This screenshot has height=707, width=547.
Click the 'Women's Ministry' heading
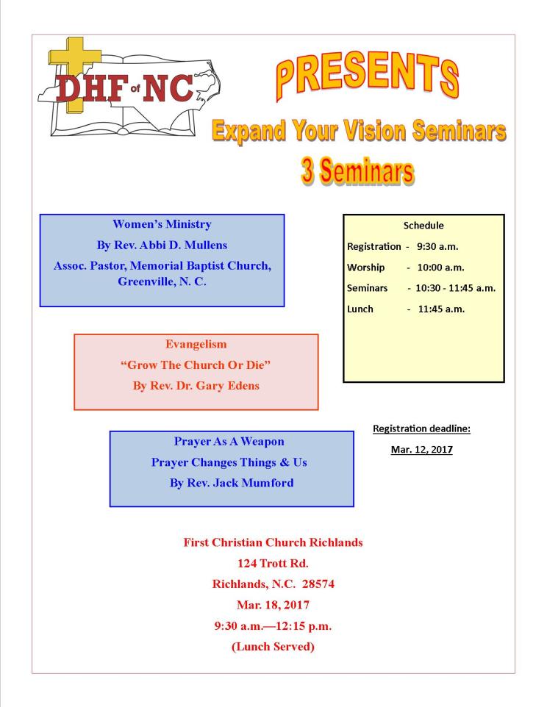point(161,224)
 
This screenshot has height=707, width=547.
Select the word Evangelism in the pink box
point(196,344)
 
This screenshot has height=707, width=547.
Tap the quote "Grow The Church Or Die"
point(196,365)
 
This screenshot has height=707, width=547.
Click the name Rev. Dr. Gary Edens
point(196,386)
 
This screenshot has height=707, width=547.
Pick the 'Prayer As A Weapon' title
point(232,442)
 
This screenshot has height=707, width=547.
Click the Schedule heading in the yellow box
point(423,226)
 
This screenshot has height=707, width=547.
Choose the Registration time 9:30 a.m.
point(442,247)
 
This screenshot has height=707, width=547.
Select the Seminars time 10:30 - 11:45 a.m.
point(455,288)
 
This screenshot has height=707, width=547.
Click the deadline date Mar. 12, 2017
point(421,449)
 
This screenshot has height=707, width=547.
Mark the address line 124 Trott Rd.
point(272,564)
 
